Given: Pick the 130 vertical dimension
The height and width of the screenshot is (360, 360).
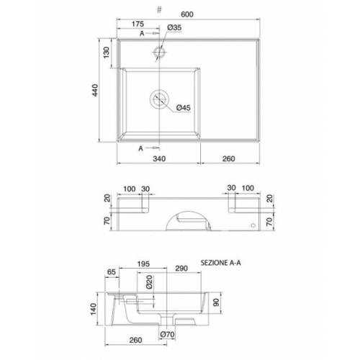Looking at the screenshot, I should (x=107, y=52).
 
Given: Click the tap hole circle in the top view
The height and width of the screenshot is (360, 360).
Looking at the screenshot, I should (x=160, y=52).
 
